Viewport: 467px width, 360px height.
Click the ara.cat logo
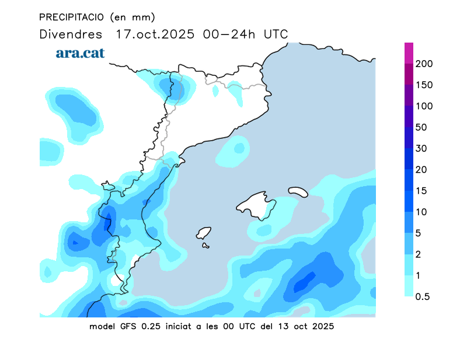click(x=80, y=53)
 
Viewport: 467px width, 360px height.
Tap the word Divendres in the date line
click(x=71, y=34)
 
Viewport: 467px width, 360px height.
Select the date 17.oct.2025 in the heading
click(x=156, y=34)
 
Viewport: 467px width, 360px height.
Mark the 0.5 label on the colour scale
click(x=422, y=296)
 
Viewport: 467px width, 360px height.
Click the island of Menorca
click(x=298, y=191)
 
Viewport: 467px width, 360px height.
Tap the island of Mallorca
click(x=257, y=205)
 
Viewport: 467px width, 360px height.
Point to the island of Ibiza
click(x=203, y=233)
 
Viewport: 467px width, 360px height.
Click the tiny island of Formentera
click(x=205, y=246)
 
